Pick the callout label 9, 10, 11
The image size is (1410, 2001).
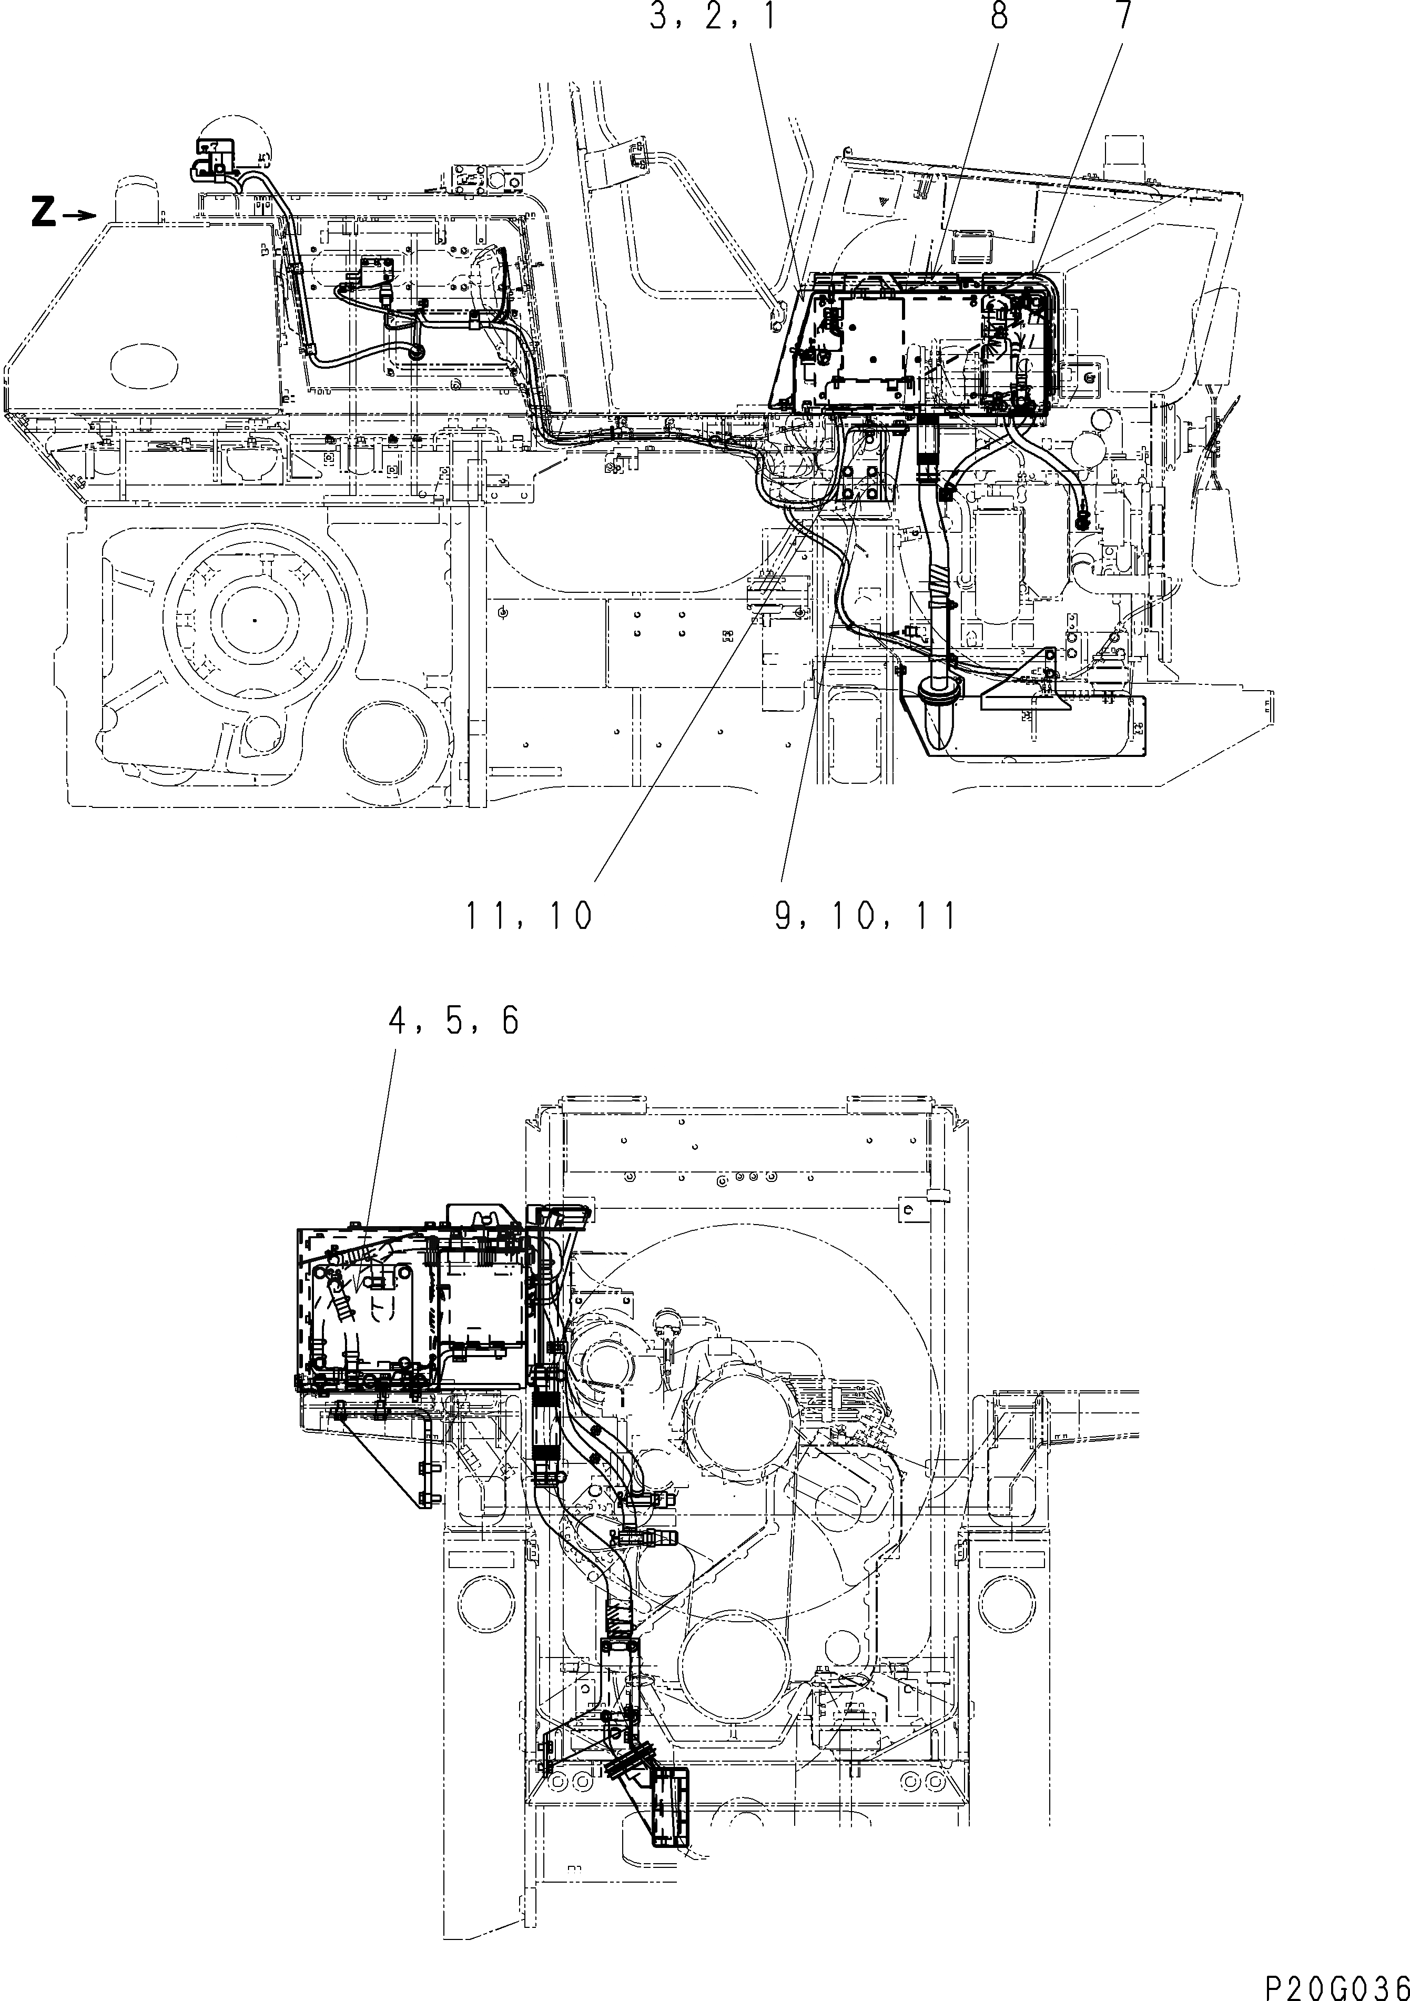click(865, 916)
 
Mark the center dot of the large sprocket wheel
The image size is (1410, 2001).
click(253, 620)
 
